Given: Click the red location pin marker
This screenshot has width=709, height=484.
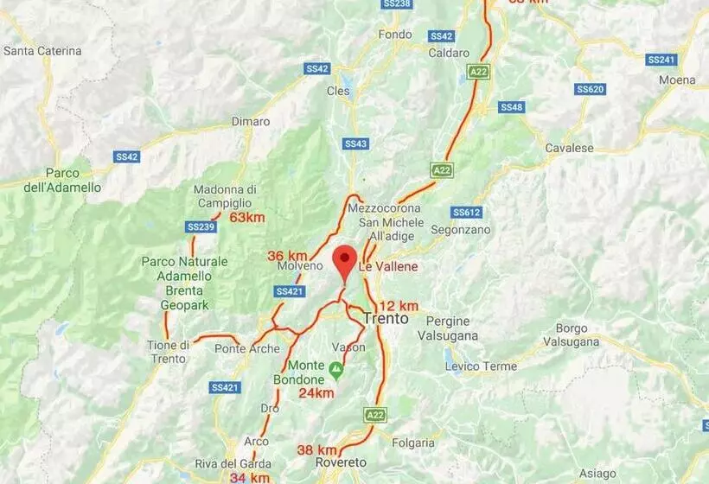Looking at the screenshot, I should pos(345,260).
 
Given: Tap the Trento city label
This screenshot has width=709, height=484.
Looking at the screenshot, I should pos(386,318).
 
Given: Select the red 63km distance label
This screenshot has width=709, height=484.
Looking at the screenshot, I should pos(246,217).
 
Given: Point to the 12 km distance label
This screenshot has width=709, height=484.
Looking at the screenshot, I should pos(399,305).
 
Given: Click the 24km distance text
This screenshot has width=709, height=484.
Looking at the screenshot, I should pos(316,392).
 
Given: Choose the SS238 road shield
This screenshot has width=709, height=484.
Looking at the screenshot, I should pos(396,4).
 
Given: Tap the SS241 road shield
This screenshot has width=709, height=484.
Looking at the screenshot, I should pos(661,60).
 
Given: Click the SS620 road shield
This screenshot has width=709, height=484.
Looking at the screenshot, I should pos(590,89).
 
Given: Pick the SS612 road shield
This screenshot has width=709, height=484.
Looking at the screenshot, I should pos(466,212).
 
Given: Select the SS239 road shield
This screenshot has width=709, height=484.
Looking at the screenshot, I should pos(200,226).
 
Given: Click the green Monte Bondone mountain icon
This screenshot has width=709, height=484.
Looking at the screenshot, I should pos(335,370).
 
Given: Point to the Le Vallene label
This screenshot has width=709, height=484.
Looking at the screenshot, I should pos(391,266).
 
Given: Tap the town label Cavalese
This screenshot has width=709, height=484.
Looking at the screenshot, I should pos(569,148).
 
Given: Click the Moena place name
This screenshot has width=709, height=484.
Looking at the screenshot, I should pos(676,80).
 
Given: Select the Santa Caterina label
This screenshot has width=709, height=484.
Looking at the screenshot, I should pos(42,51).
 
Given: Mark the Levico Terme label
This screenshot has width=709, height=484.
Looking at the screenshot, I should pos(481,366).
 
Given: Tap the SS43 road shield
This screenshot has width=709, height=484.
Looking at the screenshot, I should pos(355,143).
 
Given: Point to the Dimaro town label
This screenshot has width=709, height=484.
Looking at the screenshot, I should pos(251,122).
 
